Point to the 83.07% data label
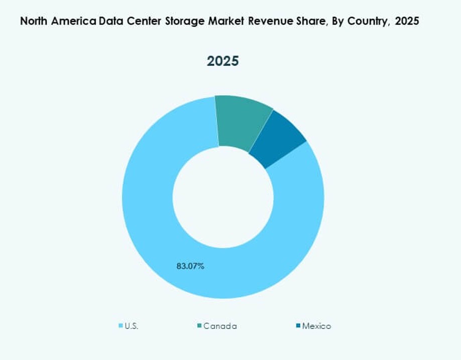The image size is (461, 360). pos(190,266)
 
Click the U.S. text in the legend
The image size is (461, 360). pos(132,326)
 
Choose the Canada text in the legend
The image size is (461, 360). pos(220,326)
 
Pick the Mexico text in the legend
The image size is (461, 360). pos(316,326)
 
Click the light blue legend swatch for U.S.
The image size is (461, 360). pos(121,326)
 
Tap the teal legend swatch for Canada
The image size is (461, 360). pos(199,326)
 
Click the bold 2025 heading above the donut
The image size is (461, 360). pos(223,61)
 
